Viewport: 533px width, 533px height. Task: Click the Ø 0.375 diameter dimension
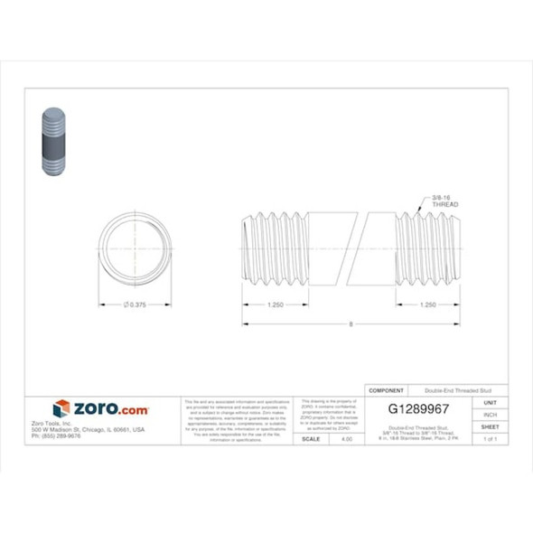click(134, 305)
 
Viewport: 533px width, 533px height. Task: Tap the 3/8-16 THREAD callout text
click(445, 201)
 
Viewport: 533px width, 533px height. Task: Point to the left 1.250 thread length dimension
click(276, 305)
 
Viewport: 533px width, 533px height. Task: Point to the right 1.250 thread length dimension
click(429, 305)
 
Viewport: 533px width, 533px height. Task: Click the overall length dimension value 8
click(351, 323)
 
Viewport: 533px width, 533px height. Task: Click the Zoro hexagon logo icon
click(61, 409)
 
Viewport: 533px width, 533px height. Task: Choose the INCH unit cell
click(491, 414)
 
